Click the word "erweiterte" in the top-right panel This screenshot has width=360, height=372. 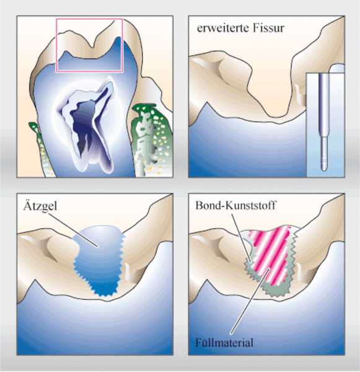[222, 28]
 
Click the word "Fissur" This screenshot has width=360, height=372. [268, 28]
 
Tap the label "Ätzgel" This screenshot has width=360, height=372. [40, 206]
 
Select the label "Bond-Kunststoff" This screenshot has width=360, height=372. [235, 205]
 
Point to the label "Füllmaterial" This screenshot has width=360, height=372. [224, 343]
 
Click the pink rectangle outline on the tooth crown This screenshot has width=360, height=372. [89, 19]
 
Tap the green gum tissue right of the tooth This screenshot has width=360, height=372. [152, 140]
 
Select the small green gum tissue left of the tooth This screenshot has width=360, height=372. [43, 149]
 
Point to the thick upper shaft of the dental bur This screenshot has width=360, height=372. [324, 104]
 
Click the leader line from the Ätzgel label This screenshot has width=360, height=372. [73, 230]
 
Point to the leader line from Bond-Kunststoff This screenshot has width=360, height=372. [240, 237]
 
